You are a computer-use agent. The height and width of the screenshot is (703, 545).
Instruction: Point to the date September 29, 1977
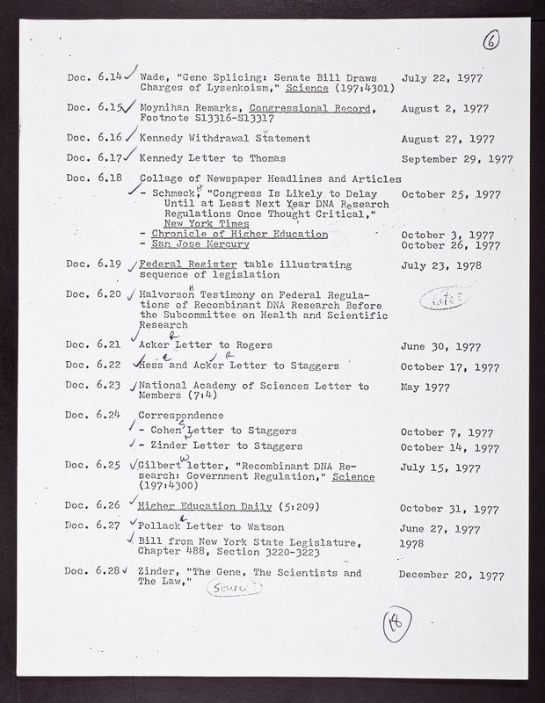[x=457, y=159]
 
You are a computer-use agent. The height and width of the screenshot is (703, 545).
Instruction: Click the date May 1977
[x=425, y=385]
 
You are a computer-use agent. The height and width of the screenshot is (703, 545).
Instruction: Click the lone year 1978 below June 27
[x=414, y=544]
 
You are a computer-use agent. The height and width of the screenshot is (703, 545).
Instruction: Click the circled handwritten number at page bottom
[x=391, y=627]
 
